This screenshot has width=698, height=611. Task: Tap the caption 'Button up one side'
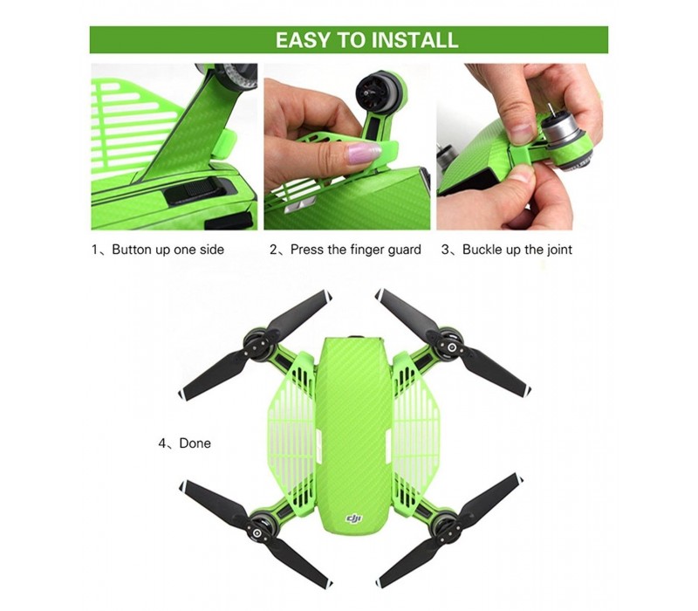[168, 250]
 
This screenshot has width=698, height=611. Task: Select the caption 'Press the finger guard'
[356, 250]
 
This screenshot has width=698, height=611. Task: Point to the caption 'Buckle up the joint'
[517, 250]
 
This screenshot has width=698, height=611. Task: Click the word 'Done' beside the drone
[195, 443]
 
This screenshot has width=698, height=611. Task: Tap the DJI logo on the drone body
[354, 518]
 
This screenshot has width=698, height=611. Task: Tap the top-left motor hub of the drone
[258, 346]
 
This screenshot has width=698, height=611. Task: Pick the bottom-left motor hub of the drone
[258, 532]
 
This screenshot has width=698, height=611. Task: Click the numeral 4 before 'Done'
[162, 443]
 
